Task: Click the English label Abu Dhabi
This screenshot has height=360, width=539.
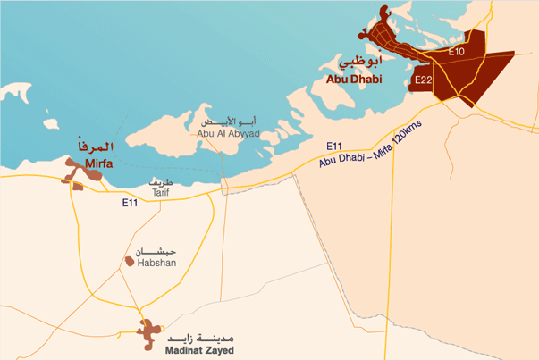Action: [x=354, y=79]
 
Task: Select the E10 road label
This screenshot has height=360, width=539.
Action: [x=456, y=52]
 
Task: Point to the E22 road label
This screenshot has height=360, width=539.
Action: [x=425, y=80]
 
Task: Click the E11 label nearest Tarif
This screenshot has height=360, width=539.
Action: [x=131, y=205]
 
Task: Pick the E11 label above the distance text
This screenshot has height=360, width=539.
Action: [x=334, y=145]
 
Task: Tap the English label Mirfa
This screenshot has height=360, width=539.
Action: [x=102, y=163]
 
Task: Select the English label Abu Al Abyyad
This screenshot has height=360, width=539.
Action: [x=228, y=134]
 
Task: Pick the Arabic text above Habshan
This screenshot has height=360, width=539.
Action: [x=156, y=250]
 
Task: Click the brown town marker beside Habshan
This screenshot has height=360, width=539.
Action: [x=129, y=263]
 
